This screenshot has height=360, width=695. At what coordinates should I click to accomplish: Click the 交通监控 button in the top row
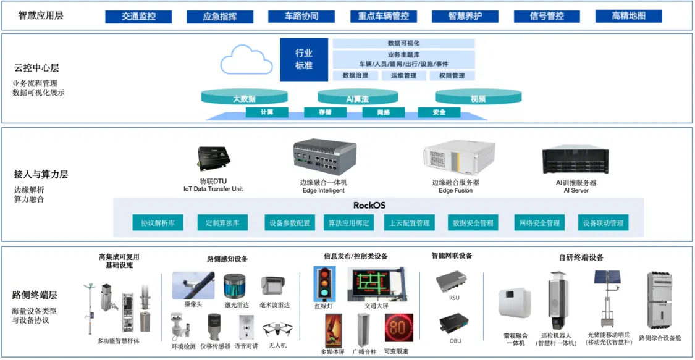click(x=138, y=17)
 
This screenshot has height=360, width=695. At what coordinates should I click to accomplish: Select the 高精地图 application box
click(x=628, y=17)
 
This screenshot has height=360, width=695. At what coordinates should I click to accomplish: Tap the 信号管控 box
click(x=547, y=17)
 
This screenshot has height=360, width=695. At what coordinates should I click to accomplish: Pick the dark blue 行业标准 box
click(x=304, y=59)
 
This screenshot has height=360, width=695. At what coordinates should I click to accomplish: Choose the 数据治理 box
click(x=355, y=76)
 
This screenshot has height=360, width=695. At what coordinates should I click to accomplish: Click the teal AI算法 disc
click(x=356, y=98)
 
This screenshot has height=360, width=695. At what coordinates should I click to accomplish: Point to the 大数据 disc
click(x=244, y=98)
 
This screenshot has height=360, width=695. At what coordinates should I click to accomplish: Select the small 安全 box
click(x=439, y=112)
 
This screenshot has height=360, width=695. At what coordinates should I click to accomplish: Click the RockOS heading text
click(x=369, y=205)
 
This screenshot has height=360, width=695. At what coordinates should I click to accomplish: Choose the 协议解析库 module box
click(x=158, y=223)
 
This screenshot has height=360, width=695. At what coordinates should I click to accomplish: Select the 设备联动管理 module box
click(x=603, y=223)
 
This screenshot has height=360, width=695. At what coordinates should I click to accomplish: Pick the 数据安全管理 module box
click(x=473, y=223)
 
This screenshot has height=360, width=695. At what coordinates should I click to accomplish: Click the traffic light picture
click(x=324, y=284)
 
